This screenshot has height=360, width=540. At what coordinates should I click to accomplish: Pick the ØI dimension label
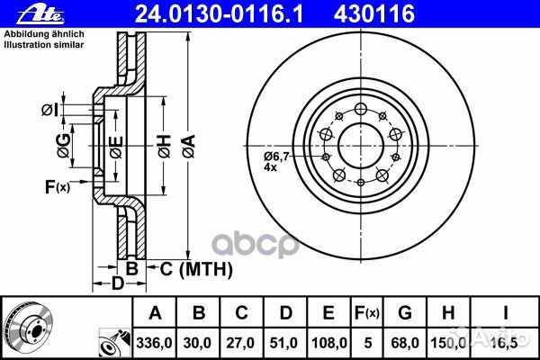tap(50, 110)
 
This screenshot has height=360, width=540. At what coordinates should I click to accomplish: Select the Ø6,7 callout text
tap(275, 157)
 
